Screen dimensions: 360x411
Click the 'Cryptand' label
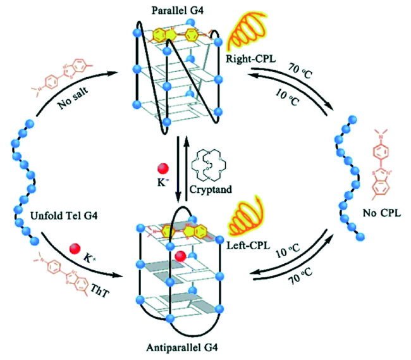pos(216,188)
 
